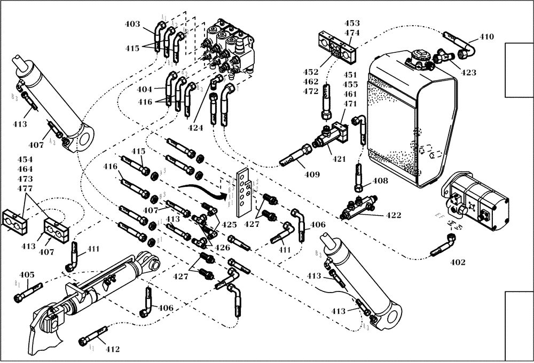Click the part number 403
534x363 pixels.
point(132,24)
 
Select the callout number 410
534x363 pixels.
point(486,37)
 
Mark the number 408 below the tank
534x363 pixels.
point(380,181)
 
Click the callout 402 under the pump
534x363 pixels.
point(458,262)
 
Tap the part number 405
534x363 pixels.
point(27,275)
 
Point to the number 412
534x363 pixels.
point(112,349)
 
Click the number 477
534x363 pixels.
point(25,188)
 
